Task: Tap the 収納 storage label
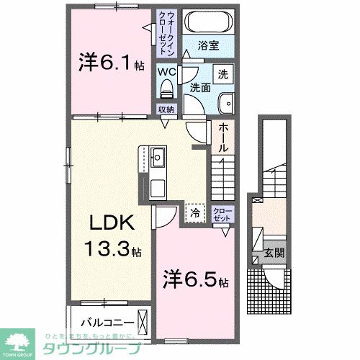coord(167,109)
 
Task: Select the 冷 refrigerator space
coord(194,212)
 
